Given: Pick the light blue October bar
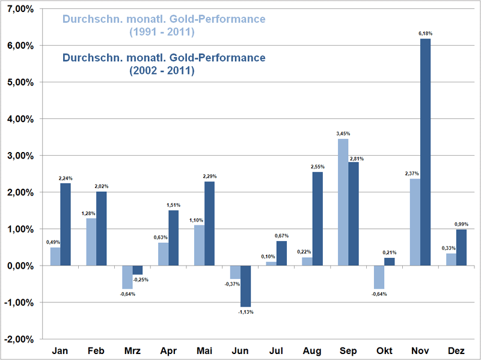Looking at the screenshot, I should point(379,277).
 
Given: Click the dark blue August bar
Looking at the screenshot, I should point(317,219).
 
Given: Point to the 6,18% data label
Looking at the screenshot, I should point(425,34).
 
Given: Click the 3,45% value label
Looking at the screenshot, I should point(343,133).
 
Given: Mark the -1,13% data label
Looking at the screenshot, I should point(245,312).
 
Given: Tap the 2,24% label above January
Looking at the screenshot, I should point(66,178).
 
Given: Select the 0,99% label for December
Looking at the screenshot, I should point(461,224).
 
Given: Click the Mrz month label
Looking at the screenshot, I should point(132,350).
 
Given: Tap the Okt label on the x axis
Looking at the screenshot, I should point(384,350).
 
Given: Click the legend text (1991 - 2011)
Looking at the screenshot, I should point(162,31).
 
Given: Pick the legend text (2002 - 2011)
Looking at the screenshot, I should point(162,70).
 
